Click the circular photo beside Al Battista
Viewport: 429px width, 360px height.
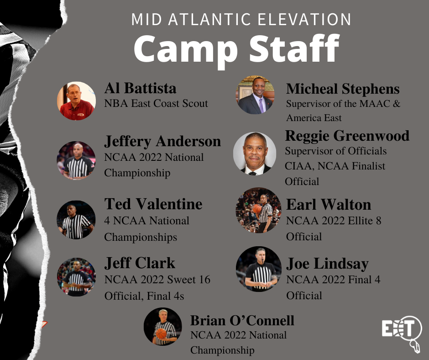point(76,101)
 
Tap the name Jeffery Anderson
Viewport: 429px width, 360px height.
point(162,141)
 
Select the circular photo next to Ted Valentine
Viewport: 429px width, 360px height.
point(76,220)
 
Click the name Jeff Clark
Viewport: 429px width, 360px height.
point(140,263)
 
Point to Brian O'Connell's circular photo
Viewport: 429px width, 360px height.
point(163,326)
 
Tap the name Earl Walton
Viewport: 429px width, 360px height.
point(329,204)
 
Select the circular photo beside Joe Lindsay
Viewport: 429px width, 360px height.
point(259,269)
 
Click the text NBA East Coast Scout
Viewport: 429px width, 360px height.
point(156,103)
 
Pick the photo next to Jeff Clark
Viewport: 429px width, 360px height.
point(76,277)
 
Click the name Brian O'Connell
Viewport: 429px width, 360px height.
point(242,320)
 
